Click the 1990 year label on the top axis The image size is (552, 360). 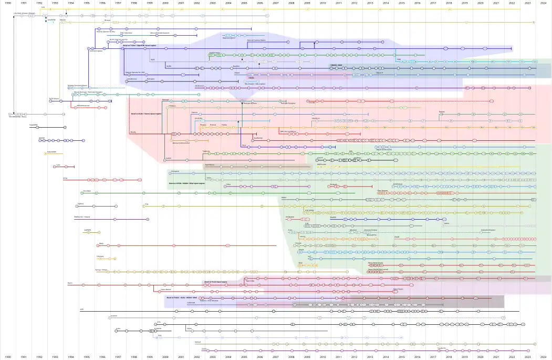click(x=8, y=3)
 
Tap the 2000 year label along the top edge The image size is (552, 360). click(x=165, y=3)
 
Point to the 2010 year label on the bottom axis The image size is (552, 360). click(x=322, y=357)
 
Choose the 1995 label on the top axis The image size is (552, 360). click(x=86, y=3)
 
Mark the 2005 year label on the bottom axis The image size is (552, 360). click(x=244, y=357)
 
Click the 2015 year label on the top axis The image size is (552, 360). click(x=401, y=3)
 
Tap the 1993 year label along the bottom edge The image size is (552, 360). click(x=55, y=357)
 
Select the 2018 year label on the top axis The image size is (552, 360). click(x=449, y=3)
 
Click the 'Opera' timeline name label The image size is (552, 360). click(x=70, y=283)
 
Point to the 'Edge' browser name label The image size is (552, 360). click(x=399, y=59)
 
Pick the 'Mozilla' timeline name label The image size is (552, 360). click(x=133, y=132)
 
